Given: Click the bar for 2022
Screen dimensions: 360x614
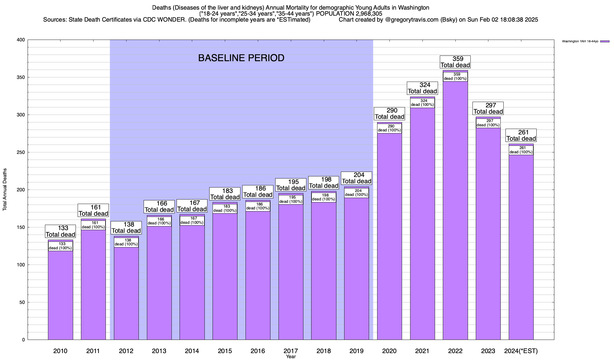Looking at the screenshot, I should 455,210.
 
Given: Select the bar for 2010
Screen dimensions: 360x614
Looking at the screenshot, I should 60,294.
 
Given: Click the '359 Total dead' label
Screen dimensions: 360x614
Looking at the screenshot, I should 455,62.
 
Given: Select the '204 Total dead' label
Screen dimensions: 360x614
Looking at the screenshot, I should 356,178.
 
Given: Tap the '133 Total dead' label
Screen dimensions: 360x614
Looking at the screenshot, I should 60,231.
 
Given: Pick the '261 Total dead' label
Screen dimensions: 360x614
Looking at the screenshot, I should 521,135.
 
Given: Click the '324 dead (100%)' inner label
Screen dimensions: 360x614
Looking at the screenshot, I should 422,103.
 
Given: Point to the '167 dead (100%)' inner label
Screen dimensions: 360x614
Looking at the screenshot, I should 192,220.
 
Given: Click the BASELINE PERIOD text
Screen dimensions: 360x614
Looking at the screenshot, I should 241,58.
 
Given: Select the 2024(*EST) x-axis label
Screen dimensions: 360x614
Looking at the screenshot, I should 521,351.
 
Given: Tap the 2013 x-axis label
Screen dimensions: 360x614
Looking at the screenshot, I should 159,351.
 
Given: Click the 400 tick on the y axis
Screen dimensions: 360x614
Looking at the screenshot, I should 21,40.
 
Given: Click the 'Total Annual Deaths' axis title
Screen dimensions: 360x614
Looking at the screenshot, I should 5,189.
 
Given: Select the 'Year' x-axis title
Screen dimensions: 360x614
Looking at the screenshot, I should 291,357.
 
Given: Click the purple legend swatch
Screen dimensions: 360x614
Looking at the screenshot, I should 605,41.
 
